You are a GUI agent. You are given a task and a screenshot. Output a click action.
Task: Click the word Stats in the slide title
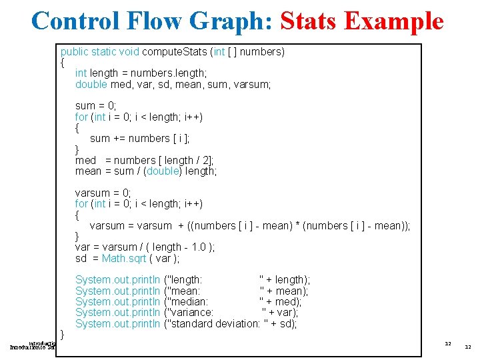click(311, 21)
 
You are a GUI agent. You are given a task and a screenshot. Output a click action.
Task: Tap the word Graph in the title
click(225, 21)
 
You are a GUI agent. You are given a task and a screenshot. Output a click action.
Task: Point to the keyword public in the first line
click(75, 51)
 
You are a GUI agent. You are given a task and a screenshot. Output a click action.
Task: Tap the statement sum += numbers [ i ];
click(139, 138)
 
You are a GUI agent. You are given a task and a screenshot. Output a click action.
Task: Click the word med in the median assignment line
click(86, 160)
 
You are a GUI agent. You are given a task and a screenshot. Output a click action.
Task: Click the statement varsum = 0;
click(103, 193)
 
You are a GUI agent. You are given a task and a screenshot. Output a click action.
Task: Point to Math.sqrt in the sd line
click(124, 258)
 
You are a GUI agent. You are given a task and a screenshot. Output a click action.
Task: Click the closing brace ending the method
click(62, 333)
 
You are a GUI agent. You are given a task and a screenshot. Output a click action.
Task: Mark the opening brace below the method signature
click(62, 63)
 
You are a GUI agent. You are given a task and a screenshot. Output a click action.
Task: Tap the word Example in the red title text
click(395, 21)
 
